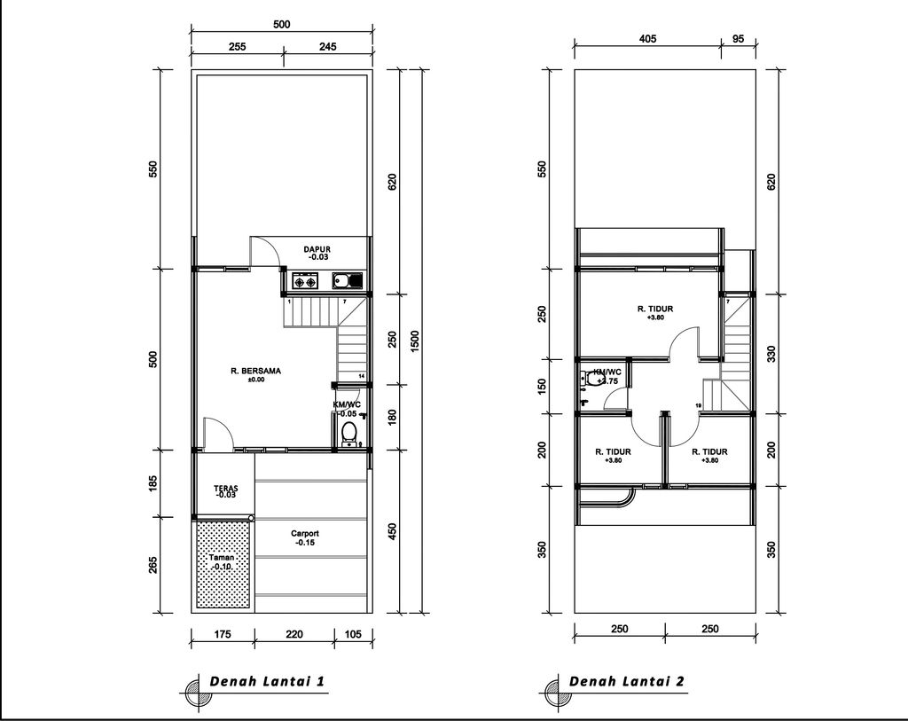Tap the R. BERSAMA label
click(255, 372)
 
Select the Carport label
click(304, 534)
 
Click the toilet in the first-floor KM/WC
click(349, 433)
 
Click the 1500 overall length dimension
click(415, 341)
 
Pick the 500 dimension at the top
click(281, 25)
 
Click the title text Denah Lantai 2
click(626, 681)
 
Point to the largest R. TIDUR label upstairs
click(655, 309)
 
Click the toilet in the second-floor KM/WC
click(590, 379)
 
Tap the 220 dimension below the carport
click(294, 633)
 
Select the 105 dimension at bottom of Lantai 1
click(352, 633)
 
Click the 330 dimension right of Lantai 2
click(771, 354)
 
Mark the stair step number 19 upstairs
click(699, 406)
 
